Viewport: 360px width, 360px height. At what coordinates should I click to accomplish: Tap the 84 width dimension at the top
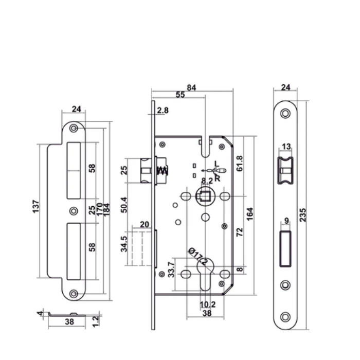tap(191, 87)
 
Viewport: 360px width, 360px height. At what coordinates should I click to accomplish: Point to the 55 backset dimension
tap(181, 95)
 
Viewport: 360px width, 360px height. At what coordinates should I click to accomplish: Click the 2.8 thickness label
tap(163, 111)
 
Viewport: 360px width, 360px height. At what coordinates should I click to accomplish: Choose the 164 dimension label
tap(250, 213)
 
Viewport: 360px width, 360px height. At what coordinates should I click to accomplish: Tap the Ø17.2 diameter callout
tap(198, 256)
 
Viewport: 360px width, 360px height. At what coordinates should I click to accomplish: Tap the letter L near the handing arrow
tap(217, 164)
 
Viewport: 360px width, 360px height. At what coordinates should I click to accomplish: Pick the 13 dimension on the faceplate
tap(286, 147)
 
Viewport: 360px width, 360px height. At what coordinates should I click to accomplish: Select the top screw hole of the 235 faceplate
tap(285, 114)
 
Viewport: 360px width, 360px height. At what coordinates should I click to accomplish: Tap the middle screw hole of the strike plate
tap(74, 210)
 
